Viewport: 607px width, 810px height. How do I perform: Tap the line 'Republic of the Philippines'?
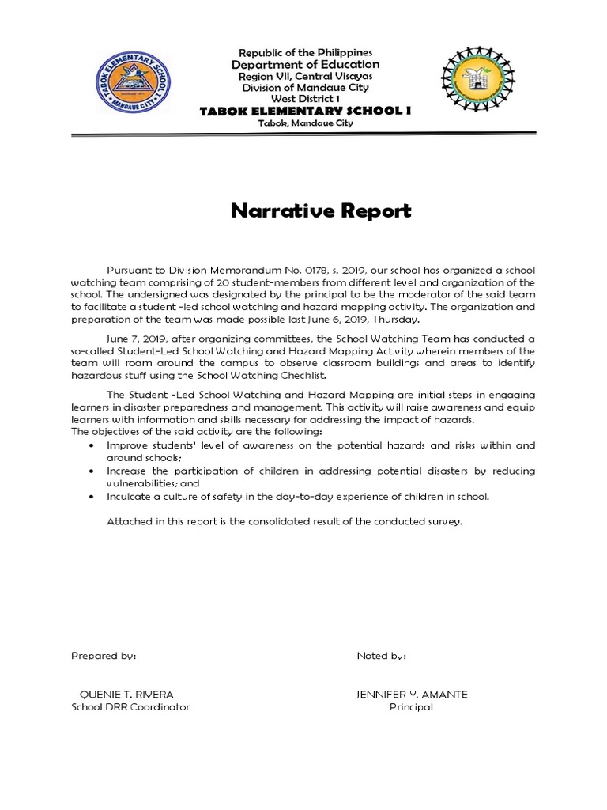[304, 51]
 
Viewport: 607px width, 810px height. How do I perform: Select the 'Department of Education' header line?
[304, 64]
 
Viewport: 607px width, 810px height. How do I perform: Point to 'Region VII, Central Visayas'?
[304, 76]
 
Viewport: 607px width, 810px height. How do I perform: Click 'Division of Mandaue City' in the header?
[304, 87]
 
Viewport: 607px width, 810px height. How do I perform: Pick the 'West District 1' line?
[304, 98]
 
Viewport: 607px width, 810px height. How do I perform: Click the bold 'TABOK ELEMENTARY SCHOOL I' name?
[304, 111]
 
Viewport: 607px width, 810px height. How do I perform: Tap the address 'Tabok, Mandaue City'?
[304, 123]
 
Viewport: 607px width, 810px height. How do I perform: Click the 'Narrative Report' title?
[321, 211]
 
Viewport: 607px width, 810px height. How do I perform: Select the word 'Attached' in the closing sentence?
[129, 522]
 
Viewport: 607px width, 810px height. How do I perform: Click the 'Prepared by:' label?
[104, 656]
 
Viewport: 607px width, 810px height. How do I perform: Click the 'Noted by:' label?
[382, 656]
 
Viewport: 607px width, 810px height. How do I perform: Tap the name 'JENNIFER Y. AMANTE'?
[412, 695]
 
